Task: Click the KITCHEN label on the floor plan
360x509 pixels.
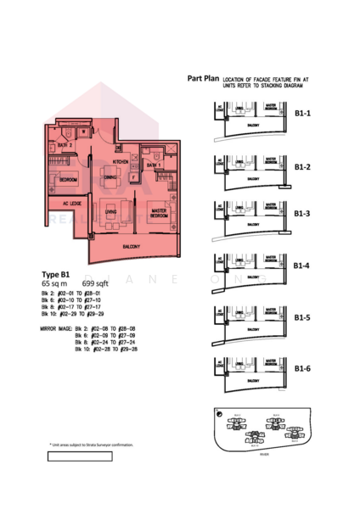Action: [x=121, y=160]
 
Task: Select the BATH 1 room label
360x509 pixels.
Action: [x=153, y=164]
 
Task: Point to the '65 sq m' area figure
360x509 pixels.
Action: [x=54, y=283]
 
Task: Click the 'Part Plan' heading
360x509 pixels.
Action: [x=204, y=79]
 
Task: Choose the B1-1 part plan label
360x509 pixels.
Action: [x=302, y=113]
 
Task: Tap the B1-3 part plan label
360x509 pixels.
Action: [x=302, y=214]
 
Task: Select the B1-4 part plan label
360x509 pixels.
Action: [x=302, y=266]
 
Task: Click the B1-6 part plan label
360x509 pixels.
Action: [x=302, y=368]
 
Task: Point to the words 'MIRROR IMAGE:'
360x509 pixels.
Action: [x=56, y=327]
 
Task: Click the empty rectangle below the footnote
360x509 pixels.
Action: [x=80, y=456]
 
